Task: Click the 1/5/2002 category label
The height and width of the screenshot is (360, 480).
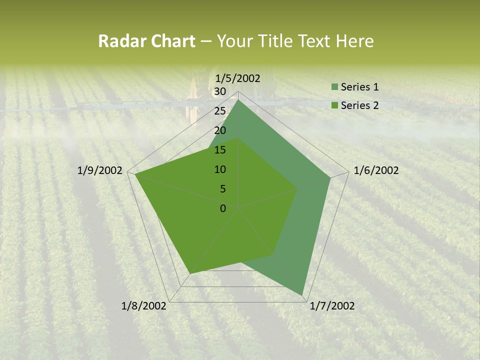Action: click(238, 78)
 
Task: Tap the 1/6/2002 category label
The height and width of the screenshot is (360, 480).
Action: click(376, 170)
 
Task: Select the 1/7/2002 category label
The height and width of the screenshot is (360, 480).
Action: click(332, 306)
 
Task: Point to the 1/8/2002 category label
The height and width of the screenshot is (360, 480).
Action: click(144, 306)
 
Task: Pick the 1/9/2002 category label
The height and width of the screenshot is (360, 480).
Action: click(100, 170)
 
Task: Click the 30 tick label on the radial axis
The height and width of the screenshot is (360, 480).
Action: click(219, 91)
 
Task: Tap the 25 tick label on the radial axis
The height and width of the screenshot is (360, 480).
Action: click(219, 111)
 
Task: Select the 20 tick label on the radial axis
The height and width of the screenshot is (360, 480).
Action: click(219, 130)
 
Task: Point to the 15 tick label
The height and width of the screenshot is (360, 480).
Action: click(219, 150)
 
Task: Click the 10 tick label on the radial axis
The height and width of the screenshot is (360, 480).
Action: click(219, 169)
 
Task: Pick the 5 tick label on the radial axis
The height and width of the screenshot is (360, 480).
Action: click(222, 189)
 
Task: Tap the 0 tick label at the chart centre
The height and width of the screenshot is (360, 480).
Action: click(222, 208)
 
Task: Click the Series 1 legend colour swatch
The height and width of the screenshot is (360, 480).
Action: click(334, 87)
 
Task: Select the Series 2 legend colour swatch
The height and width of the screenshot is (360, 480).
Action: click(334, 105)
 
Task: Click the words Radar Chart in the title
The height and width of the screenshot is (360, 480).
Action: click(146, 41)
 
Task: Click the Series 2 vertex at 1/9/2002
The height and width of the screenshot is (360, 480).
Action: click(135, 174)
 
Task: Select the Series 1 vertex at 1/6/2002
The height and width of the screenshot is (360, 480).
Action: click(330, 177)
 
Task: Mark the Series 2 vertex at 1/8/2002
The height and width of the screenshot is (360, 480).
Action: click(190, 273)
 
